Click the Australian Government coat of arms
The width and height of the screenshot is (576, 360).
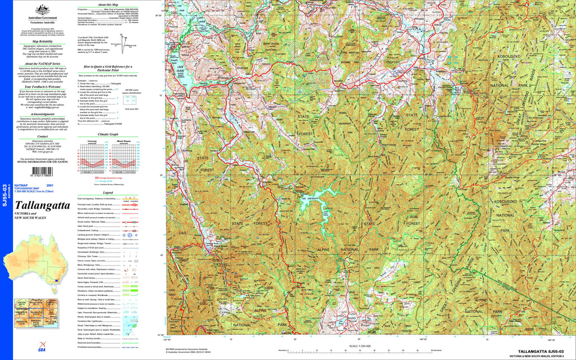tap(39, 10)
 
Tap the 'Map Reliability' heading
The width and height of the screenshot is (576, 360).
tap(39, 42)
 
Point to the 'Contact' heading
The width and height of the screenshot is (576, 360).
tap(39, 136)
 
